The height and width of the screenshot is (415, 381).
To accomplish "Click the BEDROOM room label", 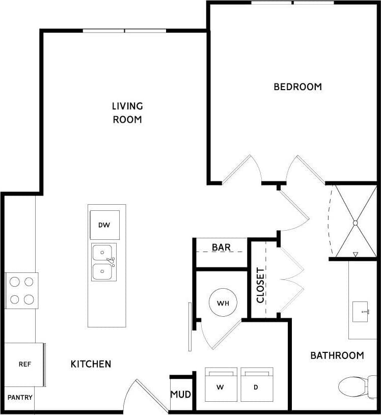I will click(297, 87).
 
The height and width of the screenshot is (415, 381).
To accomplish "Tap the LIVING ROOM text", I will click(127, 113).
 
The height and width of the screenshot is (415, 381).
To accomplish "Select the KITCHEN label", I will click(91, 364).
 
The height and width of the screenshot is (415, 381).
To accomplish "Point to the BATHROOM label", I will click(337, 355).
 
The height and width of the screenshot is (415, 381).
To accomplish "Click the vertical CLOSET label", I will click(260, 285).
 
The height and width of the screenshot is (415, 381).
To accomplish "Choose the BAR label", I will click(221, 247).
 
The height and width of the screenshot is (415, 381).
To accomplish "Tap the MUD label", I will click(180, 395).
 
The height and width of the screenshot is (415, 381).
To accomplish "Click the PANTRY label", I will click(20, 397).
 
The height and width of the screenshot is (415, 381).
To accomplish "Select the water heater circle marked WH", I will click(223, 303).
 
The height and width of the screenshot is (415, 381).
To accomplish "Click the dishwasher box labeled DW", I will click(104, 225).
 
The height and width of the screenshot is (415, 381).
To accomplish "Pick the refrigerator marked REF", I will click(24, 364).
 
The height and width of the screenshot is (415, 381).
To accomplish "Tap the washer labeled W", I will click(221, 384).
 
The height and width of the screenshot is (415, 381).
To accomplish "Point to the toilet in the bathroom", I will click(357, 386).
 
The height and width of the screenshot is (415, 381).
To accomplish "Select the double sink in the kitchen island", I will click(104, 262).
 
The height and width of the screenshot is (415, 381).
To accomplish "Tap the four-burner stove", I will click(21, 290).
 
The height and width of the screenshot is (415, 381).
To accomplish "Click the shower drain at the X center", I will click(355, 222).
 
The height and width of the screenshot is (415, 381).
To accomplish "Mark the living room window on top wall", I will click(125, 31).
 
